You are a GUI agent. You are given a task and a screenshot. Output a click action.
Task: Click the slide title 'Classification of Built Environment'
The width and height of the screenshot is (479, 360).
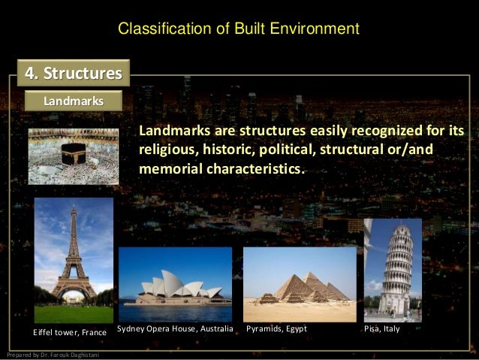click(x=239, y=29)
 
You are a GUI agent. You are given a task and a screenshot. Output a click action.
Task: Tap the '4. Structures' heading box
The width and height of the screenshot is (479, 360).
click(x=74, y=74)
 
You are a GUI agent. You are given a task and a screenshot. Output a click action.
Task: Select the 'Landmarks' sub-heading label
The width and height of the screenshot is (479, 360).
click(x=73, y=100)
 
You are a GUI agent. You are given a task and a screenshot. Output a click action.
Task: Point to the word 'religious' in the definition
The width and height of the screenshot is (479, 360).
click(x=165, y=150)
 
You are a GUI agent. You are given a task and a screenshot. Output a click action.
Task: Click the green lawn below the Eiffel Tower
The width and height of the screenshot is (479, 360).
click(x=74, y=313)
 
